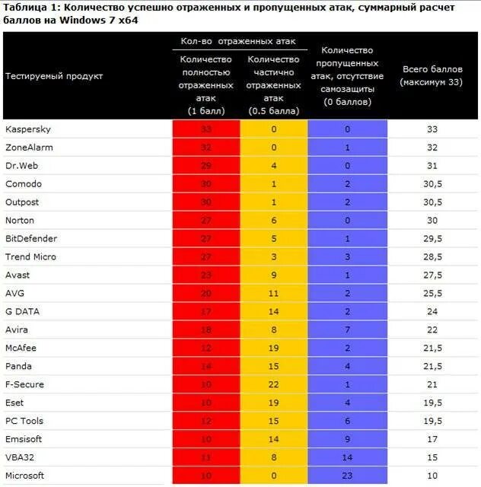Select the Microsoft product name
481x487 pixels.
click(24, 476)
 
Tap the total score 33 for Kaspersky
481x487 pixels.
click(432, 129)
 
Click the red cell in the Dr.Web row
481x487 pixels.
click(205, 166)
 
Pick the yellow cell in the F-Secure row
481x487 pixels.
click(273, 384)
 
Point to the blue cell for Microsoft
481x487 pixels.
click(347, 476)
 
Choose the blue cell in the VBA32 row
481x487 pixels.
click(347, 457)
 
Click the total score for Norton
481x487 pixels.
click(432, 221)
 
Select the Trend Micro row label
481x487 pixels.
click(30, 257)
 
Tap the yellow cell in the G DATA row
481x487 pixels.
click(273, 311)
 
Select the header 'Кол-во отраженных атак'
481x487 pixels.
click(238, 41)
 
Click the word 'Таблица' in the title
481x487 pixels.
click(25, 8)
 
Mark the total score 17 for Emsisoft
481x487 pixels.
click(432, 439)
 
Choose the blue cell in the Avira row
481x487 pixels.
click(347, 329)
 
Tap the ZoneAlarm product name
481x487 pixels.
click(29, 148)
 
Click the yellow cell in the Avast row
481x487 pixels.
click(273, 275)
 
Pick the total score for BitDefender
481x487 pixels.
click(432, 239)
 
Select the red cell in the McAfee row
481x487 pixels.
click(205, 348)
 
